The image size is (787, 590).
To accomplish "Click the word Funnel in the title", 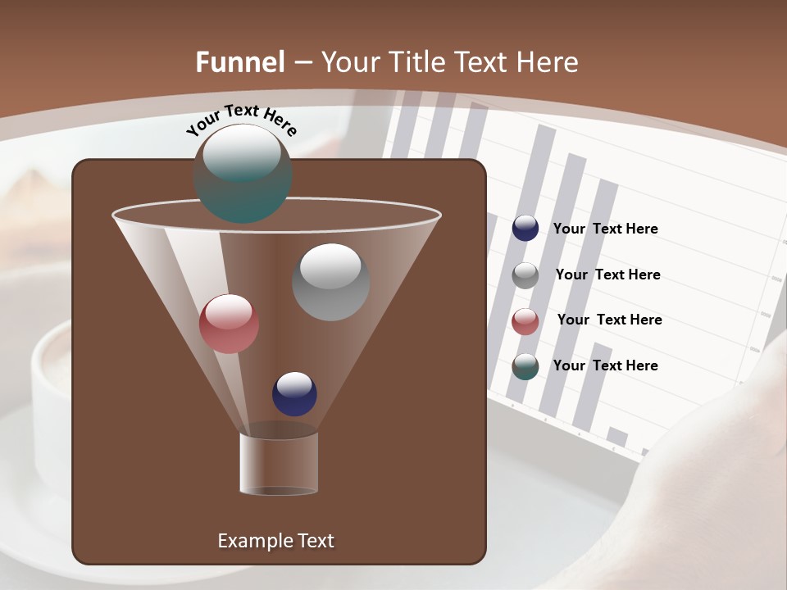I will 239,62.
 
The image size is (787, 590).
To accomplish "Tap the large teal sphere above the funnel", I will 243,173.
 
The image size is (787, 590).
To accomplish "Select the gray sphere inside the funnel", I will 330,282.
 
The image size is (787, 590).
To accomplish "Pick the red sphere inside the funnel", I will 229,324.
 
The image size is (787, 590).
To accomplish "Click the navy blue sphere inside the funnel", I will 294,393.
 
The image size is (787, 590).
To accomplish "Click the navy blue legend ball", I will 525,228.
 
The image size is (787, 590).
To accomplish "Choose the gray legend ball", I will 525,275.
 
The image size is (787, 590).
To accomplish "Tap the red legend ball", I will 525,321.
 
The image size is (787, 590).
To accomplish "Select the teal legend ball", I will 525,366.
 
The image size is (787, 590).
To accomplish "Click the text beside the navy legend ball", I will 605,229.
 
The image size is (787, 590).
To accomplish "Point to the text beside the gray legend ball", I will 607,275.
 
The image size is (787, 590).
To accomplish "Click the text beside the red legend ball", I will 609,320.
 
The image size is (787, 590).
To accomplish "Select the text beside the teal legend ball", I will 605,365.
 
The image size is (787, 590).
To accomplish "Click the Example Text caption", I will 275,541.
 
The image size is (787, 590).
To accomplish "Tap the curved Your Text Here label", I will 241,120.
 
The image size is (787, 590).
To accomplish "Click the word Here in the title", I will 548,62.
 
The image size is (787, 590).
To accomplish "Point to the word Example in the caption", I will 248,541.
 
